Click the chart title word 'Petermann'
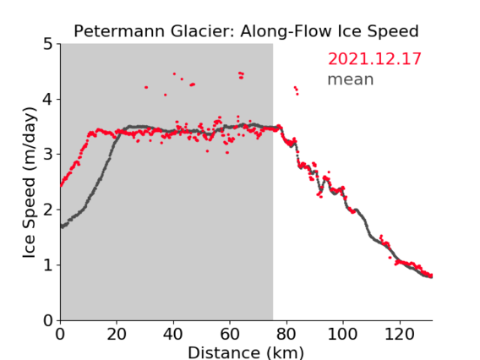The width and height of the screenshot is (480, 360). [x=120, y=31]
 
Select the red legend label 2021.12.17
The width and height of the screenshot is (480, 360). [x=374, y=58]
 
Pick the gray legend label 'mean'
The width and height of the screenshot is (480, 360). [x=351, y=79]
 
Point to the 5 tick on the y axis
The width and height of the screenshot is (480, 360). [x=48, y=45]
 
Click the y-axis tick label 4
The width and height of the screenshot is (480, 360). [x=48, y=100]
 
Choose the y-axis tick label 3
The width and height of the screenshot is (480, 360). [x=48, y=155]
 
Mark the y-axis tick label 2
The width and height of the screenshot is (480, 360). [x=48, y=210]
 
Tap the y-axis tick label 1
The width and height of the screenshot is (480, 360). [x=48, y=265]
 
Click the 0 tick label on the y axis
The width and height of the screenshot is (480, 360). [x=48, y=320]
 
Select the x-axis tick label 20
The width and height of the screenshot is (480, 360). [x=117, y=334]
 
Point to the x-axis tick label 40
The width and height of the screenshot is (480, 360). [x=173, y=334]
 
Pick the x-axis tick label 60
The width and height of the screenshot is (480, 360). [x=230, y=334]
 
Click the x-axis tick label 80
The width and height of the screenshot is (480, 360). [x=286, y=334]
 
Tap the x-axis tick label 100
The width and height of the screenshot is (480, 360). [x=342, y=334]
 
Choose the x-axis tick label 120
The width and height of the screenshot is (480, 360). [x=399, y=334]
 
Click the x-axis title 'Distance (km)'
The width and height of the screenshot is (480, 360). [x=246, y=352]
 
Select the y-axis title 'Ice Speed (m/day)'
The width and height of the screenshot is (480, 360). [x=29, y=183]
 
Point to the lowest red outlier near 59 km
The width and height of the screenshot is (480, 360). [x=227, y=152]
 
